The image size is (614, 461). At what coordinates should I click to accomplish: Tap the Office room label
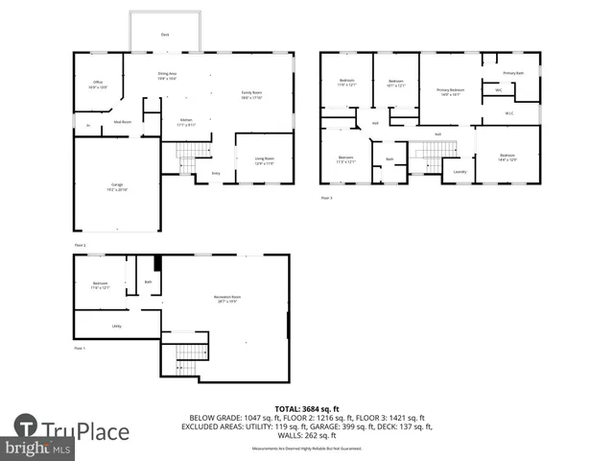point(98,84)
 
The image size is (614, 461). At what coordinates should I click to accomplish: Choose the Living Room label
point(264,160)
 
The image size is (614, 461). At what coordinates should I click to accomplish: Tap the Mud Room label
point(123,122)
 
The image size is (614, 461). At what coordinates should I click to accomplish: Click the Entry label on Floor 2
point(216,173)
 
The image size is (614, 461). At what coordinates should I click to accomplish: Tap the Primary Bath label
point(513,73)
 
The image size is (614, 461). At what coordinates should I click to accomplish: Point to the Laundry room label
point(459,172)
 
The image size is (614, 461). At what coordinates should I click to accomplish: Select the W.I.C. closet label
point(509,113)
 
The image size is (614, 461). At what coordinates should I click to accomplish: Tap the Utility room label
point(116,327)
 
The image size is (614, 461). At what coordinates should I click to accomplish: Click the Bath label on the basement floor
point(148,281)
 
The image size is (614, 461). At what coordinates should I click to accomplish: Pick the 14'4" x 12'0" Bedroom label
point(507,157)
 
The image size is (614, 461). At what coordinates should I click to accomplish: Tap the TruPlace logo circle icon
point(26,425)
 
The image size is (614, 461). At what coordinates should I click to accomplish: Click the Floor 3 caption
point(326,198)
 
